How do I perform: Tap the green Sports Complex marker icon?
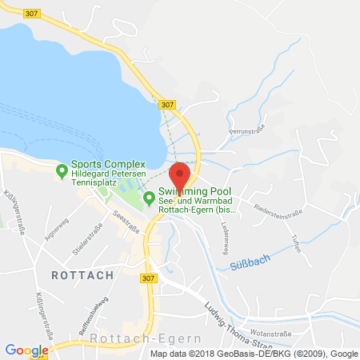click(62, 170)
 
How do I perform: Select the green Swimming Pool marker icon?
click(148, 198)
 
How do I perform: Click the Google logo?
click(26, 350)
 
